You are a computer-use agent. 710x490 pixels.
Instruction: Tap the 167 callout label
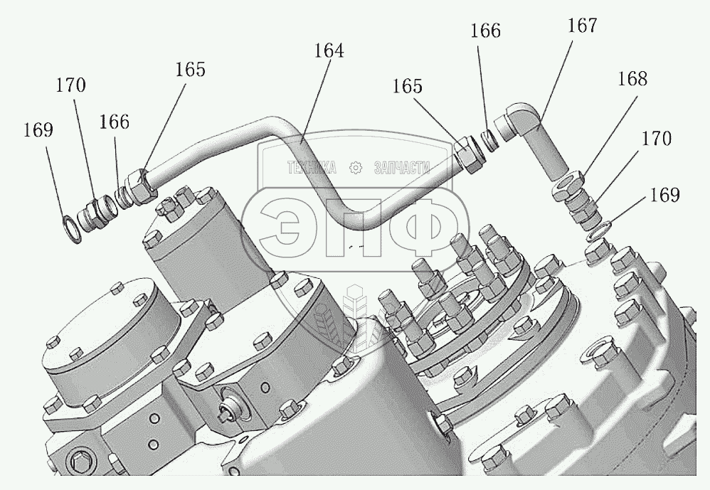(x=581, y=26)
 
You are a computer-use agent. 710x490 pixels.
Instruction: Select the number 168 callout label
(x=632, y=79)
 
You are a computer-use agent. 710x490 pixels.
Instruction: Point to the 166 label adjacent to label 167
(x=485, y=32)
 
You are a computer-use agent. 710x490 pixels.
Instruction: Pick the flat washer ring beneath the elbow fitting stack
(x=598, y=230)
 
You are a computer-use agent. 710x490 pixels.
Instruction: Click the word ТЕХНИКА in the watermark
(x=311, y=168)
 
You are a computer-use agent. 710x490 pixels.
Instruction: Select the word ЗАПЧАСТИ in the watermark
(x=400, y=168)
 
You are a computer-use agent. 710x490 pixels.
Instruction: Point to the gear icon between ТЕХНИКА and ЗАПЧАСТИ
(x=356, y=169)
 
